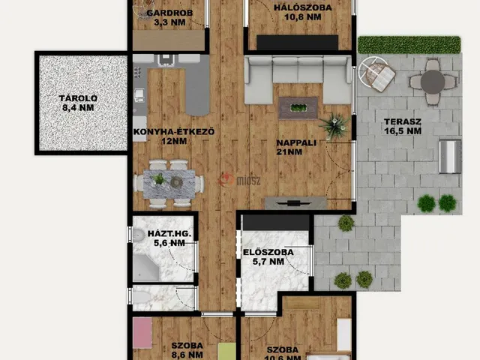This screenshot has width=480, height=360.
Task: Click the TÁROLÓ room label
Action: click(x=78, y=98)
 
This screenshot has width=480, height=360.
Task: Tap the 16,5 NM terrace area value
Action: click(x=403, y=131)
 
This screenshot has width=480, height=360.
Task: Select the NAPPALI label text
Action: click(x=296, y=142)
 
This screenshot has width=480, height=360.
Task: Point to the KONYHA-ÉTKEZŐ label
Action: click(x=174, y=132)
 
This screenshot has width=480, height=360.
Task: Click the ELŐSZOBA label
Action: click(x=268, y=252)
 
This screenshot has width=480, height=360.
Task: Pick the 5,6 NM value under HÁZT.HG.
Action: click(x=169, y=243)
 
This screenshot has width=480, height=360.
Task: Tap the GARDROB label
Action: click(x=169, y=13)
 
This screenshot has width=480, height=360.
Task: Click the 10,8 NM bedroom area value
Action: click(x=303, y=16)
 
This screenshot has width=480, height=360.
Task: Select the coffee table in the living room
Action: click(x=298, y=108)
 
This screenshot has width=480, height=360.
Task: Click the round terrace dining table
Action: click(x=432, y=82)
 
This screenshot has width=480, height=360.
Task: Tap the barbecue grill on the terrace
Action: click(x=450, y=157)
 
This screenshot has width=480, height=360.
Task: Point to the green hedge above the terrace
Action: click(x=409, y=45)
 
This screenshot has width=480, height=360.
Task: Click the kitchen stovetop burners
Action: click(x=138, y=72)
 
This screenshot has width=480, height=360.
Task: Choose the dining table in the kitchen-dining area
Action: click(x=169, y=184)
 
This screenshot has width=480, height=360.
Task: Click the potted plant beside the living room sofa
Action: click(x=334, y=126)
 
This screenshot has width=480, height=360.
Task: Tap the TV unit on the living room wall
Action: click(x=295, y=203)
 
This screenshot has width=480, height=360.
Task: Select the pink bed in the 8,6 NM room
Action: click(x=142, y=333)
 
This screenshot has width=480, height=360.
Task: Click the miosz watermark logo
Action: click(x=240, y=180)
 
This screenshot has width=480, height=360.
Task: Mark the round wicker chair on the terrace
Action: click(x=376, y=74)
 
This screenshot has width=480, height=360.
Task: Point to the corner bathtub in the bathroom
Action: click(x=145, y=268)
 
